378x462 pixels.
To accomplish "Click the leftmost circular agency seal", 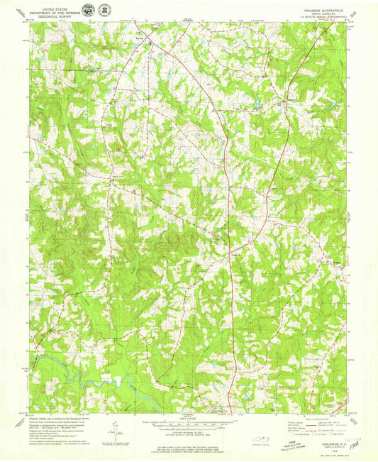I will (87, 10).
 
